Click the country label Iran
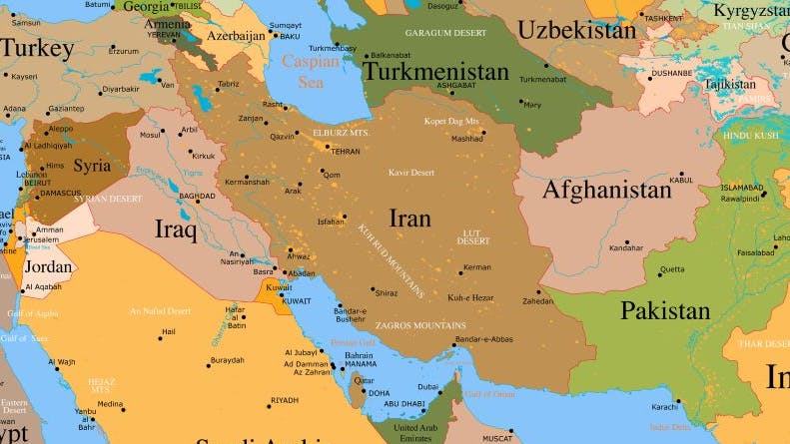tap(409, 219)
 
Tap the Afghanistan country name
tap(606, 190)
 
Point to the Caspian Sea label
tap(311, 71)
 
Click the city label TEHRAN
tap(345, 151)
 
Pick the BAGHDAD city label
tap(197, 197)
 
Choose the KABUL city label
tap(681, 180)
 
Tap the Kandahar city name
tap(626, 247)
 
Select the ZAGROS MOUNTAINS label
tap(419, 326)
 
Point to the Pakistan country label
tap(665, 310)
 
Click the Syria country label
tap(92, 166)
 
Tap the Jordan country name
tap(48, 266)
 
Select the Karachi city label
tap(665, 407)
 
